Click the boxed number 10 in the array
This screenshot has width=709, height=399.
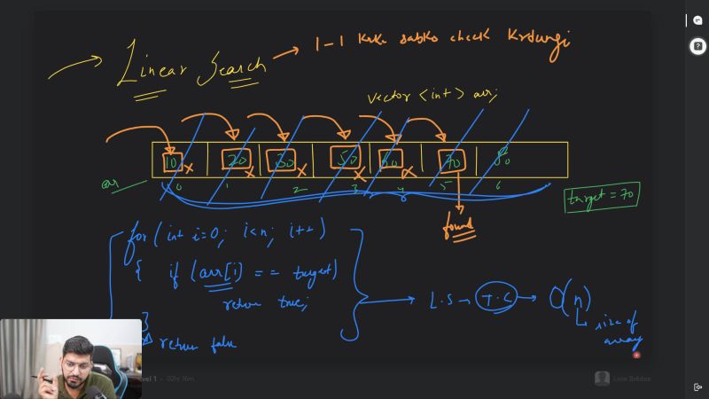pyautogui.click(x=171, y=162)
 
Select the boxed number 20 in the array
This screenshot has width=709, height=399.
pyautogui.click(x=237, y=160)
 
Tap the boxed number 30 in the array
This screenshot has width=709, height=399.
pyautogui.click(x=284, y=160)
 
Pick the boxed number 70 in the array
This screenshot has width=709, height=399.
pyautogui.click(x=453, y=160)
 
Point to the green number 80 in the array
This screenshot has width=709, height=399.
pyautogui.click(x=503, y=159)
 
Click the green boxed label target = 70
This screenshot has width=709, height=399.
pyautogui.click(x=603, y=197)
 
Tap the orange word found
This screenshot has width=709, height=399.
pyautogui.click(x=459, y=228)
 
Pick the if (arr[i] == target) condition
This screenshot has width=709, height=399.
pyautogui.click(x=253, y=270)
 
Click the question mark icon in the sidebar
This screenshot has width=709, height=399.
pyautogui.click(x=697, y=47)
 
